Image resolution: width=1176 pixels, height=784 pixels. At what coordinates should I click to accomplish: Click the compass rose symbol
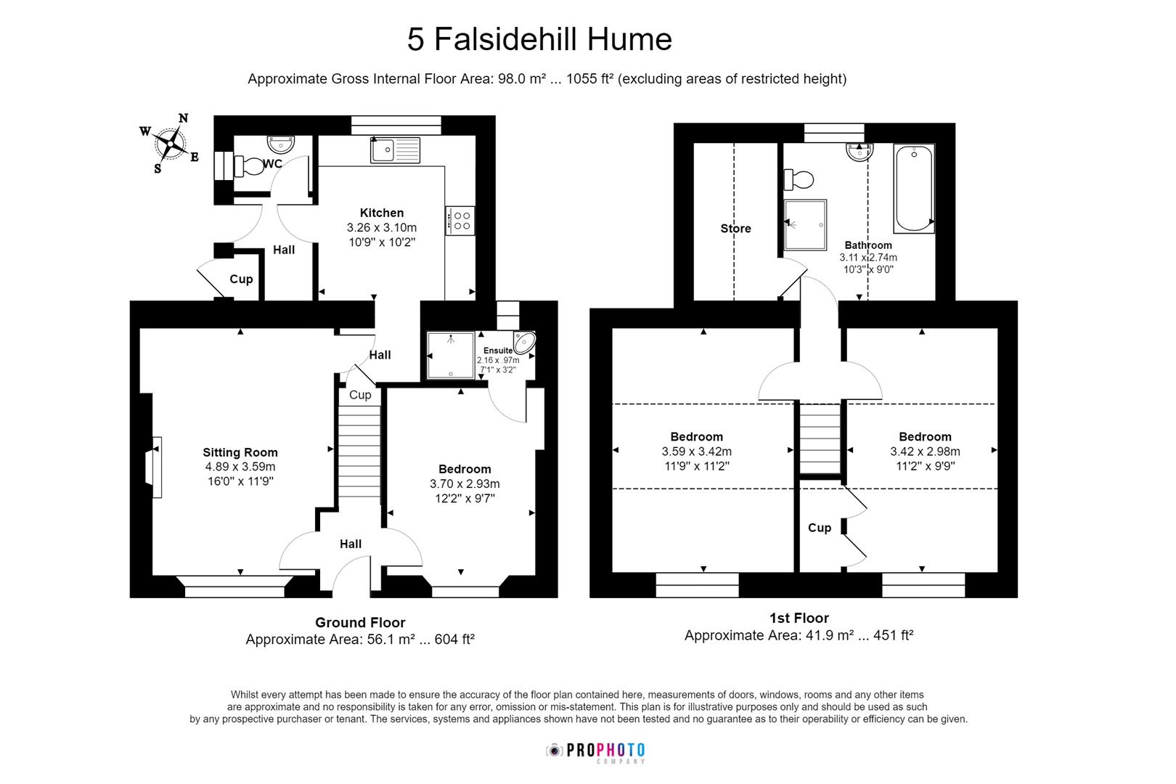click(171, 143)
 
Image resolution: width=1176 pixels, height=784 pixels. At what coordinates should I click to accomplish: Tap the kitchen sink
click(395, 150)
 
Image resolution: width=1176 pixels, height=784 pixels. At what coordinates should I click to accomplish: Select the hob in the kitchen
click(460, 221)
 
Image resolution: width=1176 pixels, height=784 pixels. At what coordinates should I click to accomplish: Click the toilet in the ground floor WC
click(249, 166)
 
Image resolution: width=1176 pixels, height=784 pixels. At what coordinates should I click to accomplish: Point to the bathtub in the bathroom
click(914, 188)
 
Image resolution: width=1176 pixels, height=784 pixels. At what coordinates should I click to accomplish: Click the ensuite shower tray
click(450, 356)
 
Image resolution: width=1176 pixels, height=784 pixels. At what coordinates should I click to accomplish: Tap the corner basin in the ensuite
click(524, 343)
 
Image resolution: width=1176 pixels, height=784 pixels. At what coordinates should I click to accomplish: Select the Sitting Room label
click(240, 452)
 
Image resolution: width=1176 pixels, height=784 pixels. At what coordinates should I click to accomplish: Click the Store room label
click(735, 229)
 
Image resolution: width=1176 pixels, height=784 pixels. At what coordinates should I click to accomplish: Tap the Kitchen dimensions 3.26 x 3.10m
click(382, 228)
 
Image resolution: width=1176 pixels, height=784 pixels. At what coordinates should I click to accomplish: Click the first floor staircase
click(820, 439)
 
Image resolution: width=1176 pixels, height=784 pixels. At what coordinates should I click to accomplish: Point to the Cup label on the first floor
click(820, 528)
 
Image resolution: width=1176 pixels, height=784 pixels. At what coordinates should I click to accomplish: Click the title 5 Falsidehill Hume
click(539, 39)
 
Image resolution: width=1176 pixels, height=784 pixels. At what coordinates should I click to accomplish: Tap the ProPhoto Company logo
click(595, 751)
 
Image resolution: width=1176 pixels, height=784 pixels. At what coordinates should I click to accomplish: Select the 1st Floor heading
click(799, 618)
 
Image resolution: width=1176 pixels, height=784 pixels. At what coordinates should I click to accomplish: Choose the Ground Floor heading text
click(360, 622)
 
